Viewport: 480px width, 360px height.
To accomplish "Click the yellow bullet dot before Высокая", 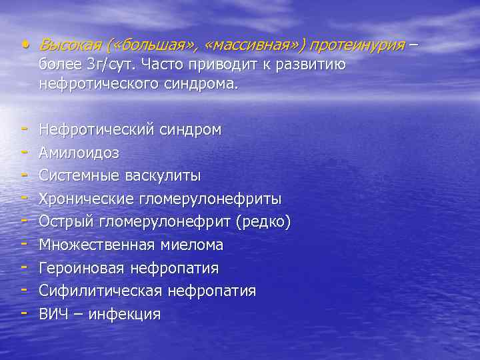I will click(25, 45).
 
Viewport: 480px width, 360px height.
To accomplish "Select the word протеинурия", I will click(357, 45).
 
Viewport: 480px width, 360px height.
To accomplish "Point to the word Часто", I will click(153, 65).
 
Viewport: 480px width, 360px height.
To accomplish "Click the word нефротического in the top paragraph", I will click(93, 85).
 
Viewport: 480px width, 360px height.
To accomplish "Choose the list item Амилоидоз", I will click(79, 153).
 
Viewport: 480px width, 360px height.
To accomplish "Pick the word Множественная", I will click(96, 245).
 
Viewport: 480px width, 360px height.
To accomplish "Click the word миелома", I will click(191, 245).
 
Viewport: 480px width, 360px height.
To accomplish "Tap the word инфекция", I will click(127, 314).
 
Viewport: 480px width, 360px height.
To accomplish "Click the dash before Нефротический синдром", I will click(24, 130).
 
